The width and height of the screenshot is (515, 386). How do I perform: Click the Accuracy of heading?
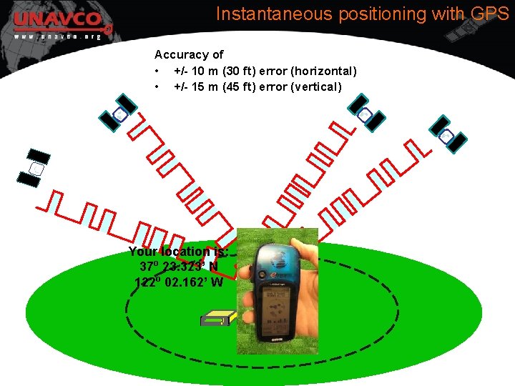189,54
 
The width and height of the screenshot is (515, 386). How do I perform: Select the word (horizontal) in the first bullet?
322,71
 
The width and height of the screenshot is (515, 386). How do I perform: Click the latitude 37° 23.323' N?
180,267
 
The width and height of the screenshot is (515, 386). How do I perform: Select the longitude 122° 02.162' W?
179,282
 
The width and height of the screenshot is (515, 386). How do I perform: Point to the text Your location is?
178,252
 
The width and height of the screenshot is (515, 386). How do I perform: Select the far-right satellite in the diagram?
446,135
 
